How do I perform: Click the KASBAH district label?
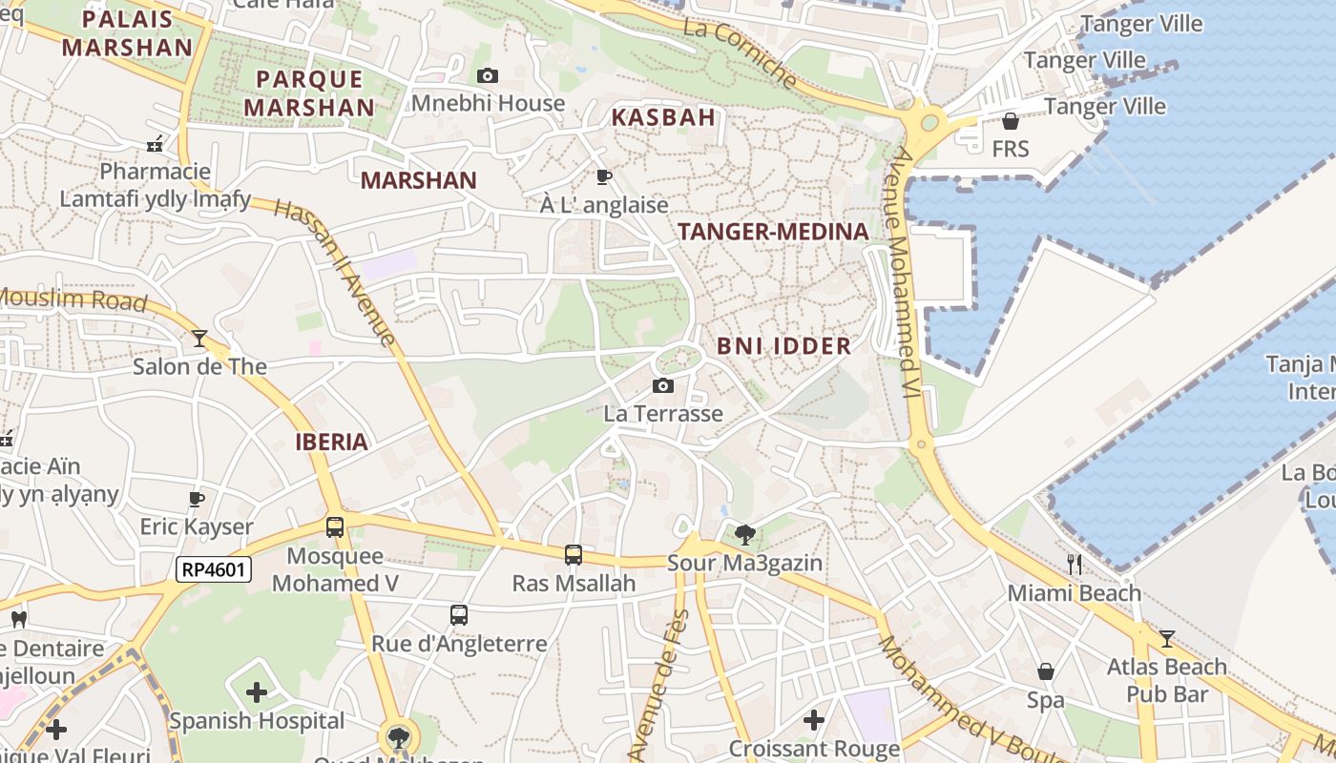point(663,117)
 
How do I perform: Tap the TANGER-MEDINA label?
point(773,231)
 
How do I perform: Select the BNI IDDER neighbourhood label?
point(783,345)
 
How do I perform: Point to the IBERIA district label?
point(331,442)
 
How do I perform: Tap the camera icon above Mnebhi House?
point(488,75)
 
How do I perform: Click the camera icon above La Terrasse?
point(663,385)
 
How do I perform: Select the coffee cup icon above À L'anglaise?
point(603,176)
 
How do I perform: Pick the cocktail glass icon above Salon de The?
point(199,338)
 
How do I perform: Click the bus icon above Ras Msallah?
point(574,554)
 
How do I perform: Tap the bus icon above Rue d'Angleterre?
point(459,615)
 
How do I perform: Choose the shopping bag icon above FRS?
point(1011,121)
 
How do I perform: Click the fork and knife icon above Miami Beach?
point(1075,565)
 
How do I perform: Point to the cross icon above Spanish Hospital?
point(257,691)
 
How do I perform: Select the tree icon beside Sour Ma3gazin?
point(745,534)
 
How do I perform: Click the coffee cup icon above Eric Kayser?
point(197,499)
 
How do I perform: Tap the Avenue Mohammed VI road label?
point(907,267)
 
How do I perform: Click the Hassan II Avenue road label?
point(334,272)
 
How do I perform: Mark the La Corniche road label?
point(741,52)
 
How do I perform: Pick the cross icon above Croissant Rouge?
point(814,719)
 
